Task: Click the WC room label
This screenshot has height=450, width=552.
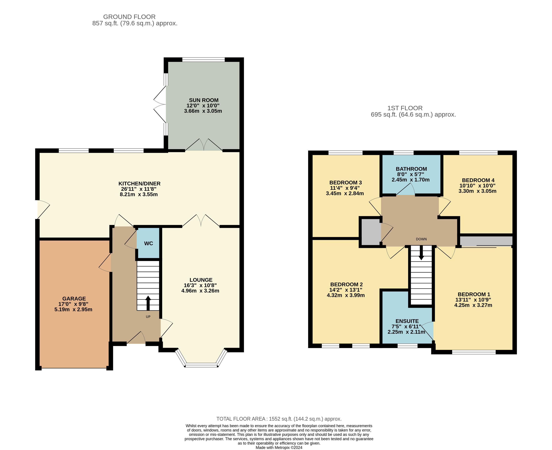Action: (149, 243)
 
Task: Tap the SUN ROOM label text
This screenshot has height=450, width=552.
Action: (204, 100)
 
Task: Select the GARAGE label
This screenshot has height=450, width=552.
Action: (74, 299)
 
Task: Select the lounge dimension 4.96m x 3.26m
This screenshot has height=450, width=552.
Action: (200, 291)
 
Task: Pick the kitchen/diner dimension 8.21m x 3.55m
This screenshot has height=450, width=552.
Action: (139, 194)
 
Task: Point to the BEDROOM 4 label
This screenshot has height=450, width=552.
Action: (478, 180)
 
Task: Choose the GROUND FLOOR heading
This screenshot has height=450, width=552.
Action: (129, 17)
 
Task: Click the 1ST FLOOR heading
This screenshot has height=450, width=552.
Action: (405, 108)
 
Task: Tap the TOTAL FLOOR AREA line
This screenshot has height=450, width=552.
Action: (279, 419)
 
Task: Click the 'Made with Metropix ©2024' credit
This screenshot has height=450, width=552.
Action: (279, 447)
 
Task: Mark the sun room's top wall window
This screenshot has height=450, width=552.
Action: (204, 60)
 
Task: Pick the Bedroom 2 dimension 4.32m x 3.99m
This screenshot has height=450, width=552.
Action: (346, 295)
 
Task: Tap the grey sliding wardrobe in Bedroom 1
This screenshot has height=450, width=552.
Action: (487, 241)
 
